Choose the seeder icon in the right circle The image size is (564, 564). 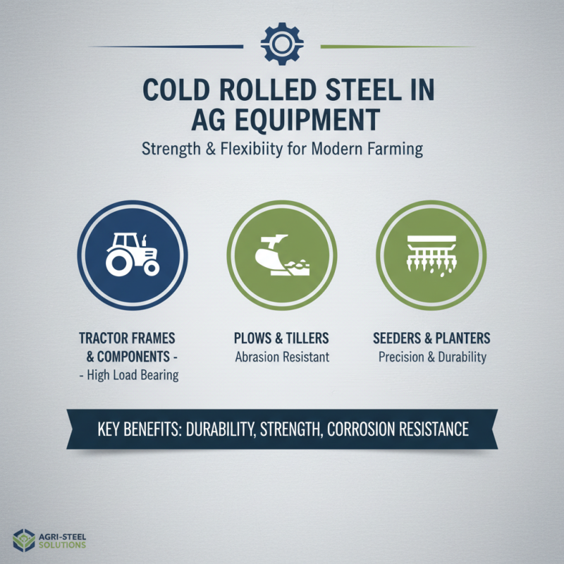click(431, 254)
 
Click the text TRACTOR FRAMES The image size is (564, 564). click(127, 338)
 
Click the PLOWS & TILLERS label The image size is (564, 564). click(281, 338)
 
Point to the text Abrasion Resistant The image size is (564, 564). click(281, 357)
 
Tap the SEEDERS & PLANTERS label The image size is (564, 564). click(431, 338)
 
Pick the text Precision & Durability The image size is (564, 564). click(432, 357)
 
